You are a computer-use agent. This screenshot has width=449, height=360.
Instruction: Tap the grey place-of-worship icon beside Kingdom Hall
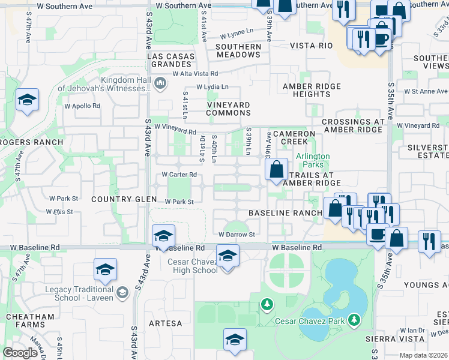tap(160, 83)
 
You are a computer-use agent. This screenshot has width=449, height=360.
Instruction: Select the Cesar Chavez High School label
tap(188, 266)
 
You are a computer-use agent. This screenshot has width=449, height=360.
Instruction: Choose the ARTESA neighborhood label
tap(165, 323)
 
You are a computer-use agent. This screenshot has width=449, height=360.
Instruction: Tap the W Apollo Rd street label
tap(82, 106)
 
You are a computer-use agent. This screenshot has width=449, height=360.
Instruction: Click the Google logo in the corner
tap(20, 353)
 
